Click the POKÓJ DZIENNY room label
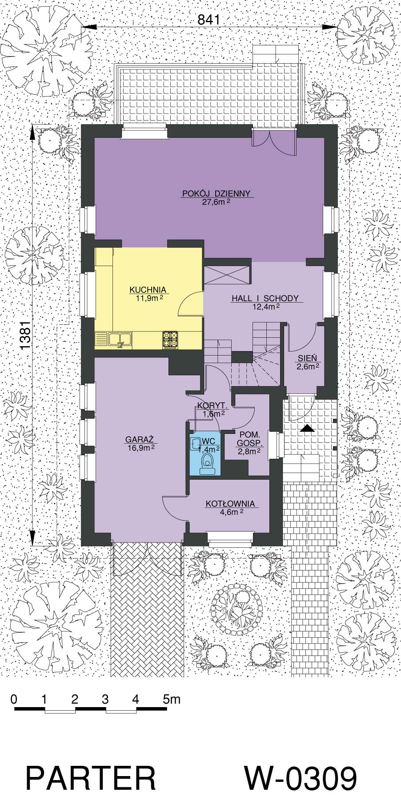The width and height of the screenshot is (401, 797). pos(217,194)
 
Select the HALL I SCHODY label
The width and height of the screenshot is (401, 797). pos(265,299)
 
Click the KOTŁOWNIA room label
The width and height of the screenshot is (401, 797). pos(230,504)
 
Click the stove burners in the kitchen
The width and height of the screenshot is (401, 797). pos(170,339)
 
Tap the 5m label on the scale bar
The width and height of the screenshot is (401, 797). pos(172,699)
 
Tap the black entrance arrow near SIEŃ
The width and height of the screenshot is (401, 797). pos(307,429)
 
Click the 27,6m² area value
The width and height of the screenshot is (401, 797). pos(216,202)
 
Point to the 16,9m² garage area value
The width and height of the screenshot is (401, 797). pos(140,448)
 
